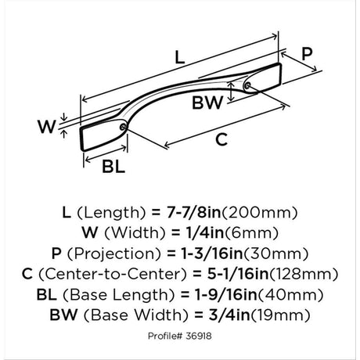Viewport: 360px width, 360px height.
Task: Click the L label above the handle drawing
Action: pos(179,57)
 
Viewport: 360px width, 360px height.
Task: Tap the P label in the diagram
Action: pos(307,54)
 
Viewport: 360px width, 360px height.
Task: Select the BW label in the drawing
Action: pos(207,103)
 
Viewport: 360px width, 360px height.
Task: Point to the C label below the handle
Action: pos(221,139)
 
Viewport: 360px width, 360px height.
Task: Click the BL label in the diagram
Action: pos(113,166)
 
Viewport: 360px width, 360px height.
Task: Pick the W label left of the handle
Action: pos(47,127)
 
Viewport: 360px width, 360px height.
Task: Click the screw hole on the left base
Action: pos(123,127)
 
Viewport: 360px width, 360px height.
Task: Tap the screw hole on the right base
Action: pos(247,85)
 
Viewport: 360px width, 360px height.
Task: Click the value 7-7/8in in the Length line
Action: pos(193,212)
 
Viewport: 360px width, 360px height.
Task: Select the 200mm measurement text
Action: pos(260,213)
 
